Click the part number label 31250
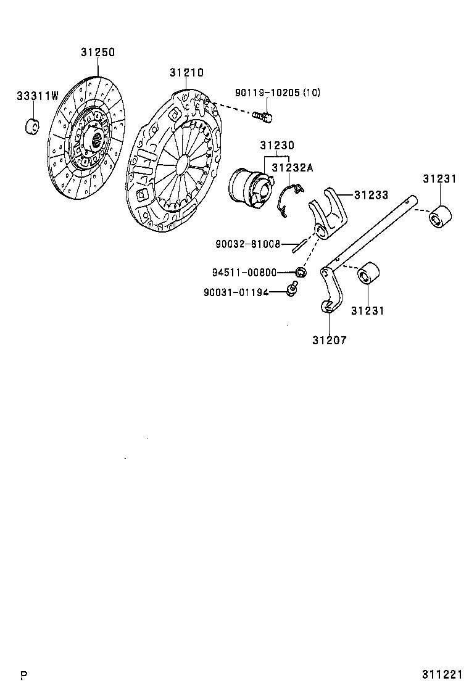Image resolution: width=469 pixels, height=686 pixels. pyautogui.click(x=98, y=52)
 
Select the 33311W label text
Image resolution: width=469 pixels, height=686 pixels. pyautogui.click(x=37, y=96)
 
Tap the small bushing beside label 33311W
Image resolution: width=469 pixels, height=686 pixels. pyautogui.click(x=31, y=125)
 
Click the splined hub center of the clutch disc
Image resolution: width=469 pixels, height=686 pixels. pyautogui.click(x=95, y=141)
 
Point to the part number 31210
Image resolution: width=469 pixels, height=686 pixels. pyautogui.click(x=186, y=73)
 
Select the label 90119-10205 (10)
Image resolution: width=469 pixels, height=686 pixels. pyautogui.click(x=277, y=93)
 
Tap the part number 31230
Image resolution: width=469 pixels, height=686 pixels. pyautogui.click(x=276, y=146)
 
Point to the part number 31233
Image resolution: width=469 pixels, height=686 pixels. pyautogui.click(x=371, y=196)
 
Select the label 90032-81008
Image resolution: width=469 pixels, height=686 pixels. pyautogui.click(x=248, y=244)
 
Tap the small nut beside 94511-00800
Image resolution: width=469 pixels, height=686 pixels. pyautogui.click(x=301, y=271)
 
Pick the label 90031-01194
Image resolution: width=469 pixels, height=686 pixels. pyautogui.click(x=236, y=292)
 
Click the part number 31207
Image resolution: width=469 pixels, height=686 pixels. pyautogui.click(x=329, y=340)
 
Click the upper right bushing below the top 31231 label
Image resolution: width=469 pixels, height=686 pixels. pyautogui.click(x=441, y=217)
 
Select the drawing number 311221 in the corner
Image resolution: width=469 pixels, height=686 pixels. pyautogui.click(x=442, y=674)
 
